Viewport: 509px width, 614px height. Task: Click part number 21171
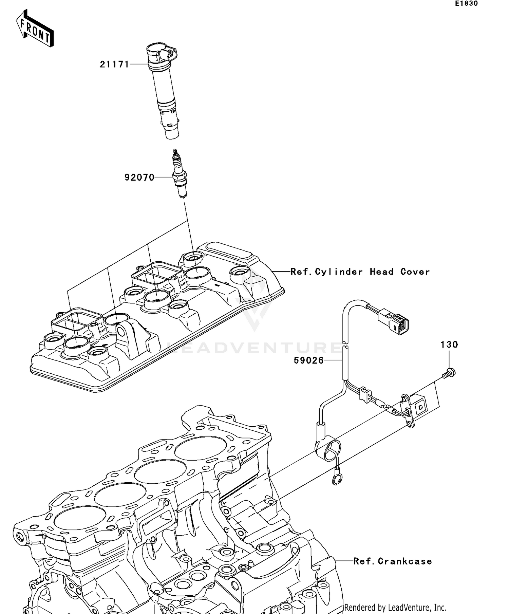point(114,64)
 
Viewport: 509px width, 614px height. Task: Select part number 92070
point(139,177)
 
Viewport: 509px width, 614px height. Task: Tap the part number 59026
point(308,360)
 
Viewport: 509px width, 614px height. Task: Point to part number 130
point(449,345)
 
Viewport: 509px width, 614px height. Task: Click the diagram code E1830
point(466,4)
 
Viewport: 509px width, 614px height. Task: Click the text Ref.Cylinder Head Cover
point(360,272)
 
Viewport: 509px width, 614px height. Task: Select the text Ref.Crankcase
point(393,561)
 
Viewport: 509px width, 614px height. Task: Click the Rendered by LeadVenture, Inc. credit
point(395,607)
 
